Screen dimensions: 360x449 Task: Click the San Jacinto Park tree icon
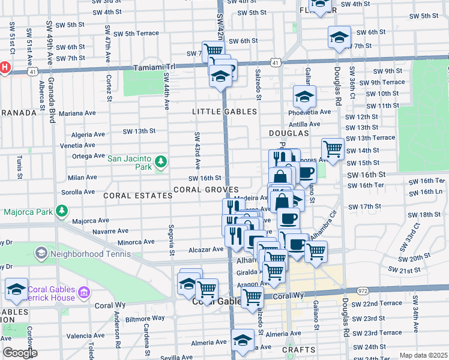pos(160,161)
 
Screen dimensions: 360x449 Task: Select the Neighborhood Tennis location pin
pos(41,253)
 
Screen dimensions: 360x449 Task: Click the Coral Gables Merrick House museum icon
pos(83,293)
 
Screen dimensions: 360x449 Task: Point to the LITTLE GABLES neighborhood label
pos(224,112)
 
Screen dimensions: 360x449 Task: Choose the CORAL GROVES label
pos(206,190)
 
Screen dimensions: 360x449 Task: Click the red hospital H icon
pos(5,67)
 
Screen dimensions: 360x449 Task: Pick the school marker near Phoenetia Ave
pos(304,95)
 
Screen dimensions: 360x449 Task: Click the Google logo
pos(20,353)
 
